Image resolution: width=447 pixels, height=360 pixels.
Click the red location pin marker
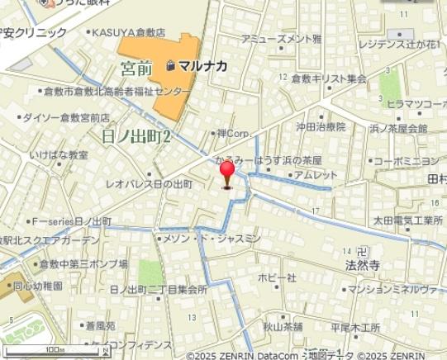[227, 173]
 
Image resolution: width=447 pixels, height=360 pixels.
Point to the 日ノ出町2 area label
[136, 137]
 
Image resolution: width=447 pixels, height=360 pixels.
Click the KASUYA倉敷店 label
[128, 32]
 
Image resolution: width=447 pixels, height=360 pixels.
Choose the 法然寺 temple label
[362, 266]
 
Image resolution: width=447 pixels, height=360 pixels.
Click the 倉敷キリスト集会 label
[329, 79]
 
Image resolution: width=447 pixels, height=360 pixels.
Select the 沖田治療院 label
[321, 127]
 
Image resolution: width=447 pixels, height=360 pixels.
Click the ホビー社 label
[278, 277]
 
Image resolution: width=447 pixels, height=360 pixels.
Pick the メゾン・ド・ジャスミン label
[211, 238]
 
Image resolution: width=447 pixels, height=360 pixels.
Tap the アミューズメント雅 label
[282, 39]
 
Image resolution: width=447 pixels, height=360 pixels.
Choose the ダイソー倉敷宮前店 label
[67, 118]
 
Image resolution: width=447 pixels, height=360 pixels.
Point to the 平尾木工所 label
[355, 326]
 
